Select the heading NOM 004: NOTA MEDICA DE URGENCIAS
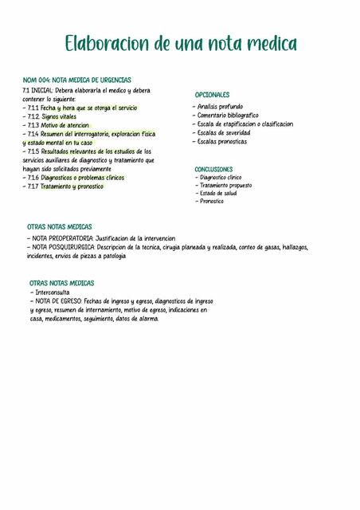pyautogui.click(x=77, y=80)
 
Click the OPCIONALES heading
pyautogui.click(x=212, y=95)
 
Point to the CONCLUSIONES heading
pyautogui.click(x=213, y=170)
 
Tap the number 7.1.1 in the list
pyautogui.click(x=33, y=108)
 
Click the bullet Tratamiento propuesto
pyautogui.click(x=225, y=186)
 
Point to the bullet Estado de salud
pyautogui.click(x=218, y=194)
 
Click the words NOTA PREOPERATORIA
pyautogui.click(x=62, y=238)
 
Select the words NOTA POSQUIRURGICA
pyautogui.click(x=64, y=247)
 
